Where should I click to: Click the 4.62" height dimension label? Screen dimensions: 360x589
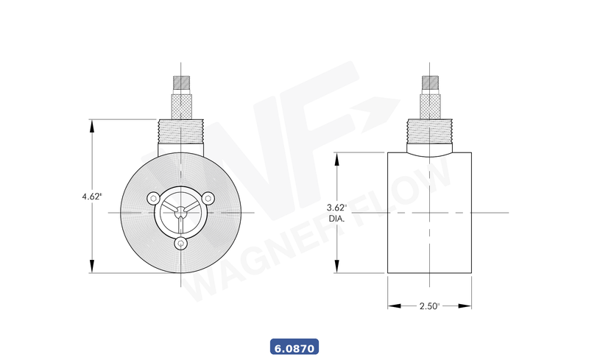pos(92,197)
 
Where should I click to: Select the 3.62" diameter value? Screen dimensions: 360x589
pos(336,208)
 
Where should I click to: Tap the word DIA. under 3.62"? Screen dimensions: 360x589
pos(336,219)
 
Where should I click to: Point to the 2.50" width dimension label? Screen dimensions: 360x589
pos(430,306)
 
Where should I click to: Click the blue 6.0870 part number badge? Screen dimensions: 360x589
pos(294,346)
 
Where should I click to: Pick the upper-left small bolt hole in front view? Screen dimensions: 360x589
pos(153,198)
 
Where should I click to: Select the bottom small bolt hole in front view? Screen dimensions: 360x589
pos(181,243)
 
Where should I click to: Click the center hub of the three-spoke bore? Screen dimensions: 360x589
pos(181,213)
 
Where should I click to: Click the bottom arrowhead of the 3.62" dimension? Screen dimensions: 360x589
pos(337,267)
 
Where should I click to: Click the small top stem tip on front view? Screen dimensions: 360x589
pos(181,82)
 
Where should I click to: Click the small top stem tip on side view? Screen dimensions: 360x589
pos(430,82)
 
